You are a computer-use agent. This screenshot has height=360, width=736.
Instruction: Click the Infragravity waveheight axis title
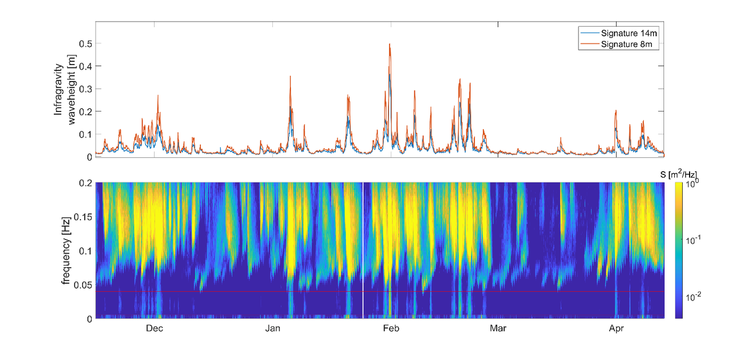pos(64,89)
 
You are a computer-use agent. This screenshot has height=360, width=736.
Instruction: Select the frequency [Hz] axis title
pos(67,251)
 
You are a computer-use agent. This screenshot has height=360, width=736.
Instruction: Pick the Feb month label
pos(391,329)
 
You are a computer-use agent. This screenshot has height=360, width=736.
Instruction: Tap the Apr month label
pos(616,329)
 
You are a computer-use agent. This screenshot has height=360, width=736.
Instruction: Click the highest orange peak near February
pos(390,45)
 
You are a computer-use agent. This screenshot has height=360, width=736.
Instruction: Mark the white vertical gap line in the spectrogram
pos(362,249)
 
